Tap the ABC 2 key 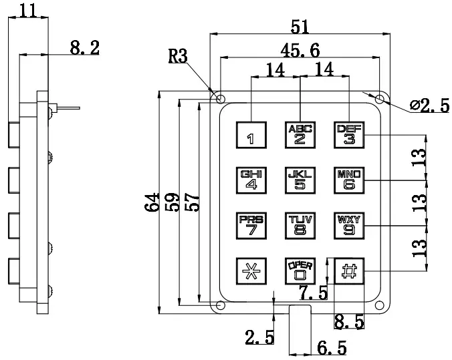point(300,135)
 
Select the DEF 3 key point(348,135)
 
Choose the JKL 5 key point(300,181)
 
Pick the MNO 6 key point(348,181)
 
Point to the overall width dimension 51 point(300,26)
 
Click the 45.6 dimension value point(300,49)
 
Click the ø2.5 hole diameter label point(430,105)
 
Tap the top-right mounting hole point(380,100)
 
